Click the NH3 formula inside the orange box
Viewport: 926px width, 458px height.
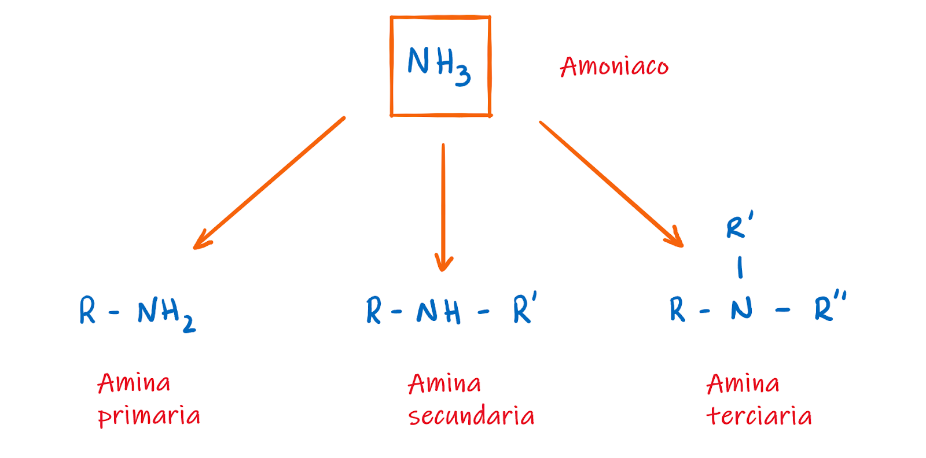pos(438,64)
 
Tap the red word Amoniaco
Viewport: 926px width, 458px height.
pos(614,67)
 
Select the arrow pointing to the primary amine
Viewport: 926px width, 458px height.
pos(269,183)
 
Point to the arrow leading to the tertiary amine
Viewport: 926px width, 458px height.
pos(611,184)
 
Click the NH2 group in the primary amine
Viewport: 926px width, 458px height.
pos(166,314)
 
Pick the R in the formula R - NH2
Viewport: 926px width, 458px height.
pos(87,311)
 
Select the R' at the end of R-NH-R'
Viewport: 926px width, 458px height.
pos(524,308)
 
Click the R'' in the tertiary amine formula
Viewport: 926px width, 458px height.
pos(830,307)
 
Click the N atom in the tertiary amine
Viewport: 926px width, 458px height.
pos(741,309)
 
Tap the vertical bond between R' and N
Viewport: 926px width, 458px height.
pos(740,268)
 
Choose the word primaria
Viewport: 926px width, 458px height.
pos(149,416)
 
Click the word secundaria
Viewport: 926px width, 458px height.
pos(471,416)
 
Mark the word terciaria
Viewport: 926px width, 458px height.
pos(759,416)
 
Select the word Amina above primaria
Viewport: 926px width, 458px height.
pos(134,383)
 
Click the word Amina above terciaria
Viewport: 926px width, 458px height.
pos(743,383)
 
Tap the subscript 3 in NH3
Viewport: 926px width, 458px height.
pos(462,76)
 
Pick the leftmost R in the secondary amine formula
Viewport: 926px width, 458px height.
pos(374,311)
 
